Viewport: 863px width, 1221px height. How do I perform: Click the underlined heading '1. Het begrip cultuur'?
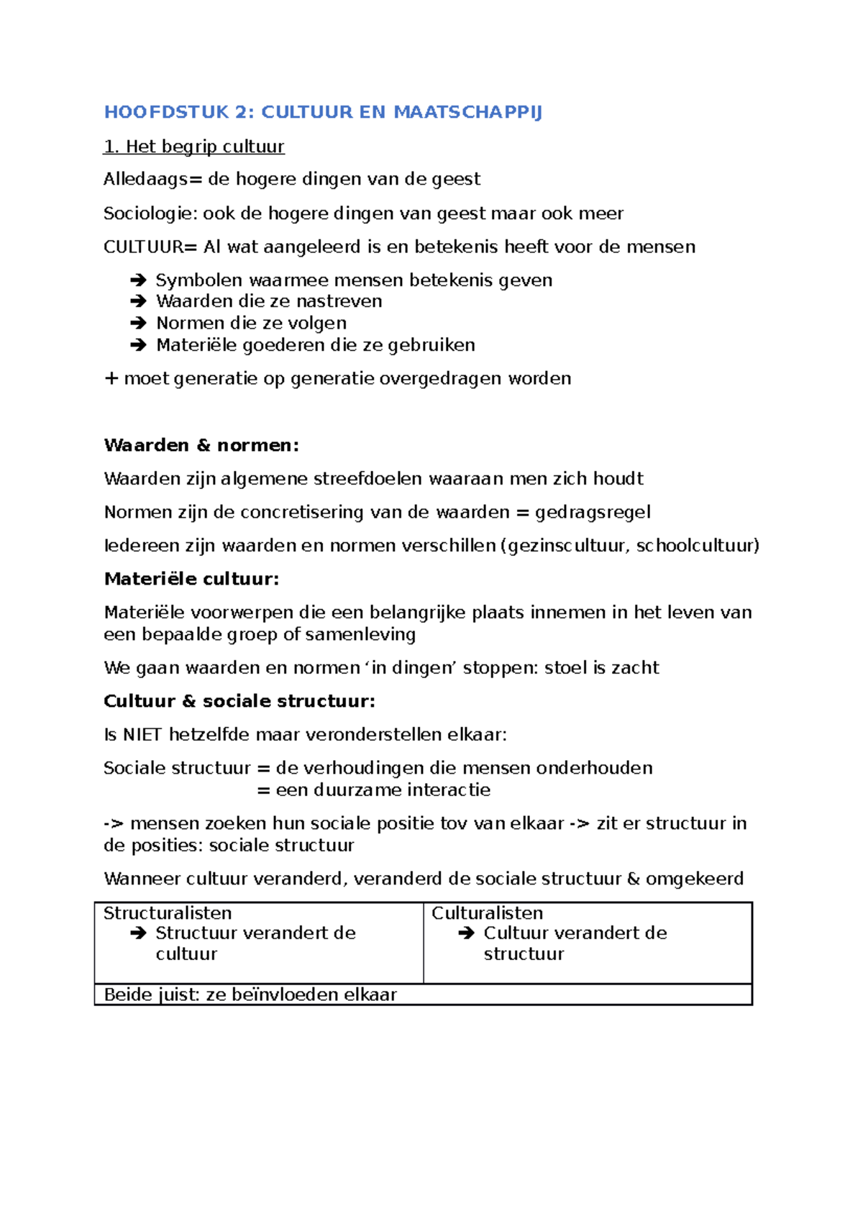point(194,147)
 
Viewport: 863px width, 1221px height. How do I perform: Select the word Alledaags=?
point(152,179)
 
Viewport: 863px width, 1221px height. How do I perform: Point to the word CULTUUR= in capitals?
point(150,247)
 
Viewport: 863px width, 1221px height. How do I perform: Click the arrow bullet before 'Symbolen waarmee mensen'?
point(138,280)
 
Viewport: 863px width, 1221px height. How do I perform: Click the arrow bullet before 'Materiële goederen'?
point(138,345)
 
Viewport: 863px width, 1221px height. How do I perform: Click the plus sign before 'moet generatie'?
point(111,379)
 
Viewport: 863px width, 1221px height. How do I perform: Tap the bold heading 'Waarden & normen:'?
point(201,446)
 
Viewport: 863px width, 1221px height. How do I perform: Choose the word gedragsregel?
point(593,513)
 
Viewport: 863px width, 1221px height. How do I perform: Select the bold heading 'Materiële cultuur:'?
point(191,580)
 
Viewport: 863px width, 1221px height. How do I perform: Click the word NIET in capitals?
point(142,735)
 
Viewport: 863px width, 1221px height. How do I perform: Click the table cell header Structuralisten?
point(168,913)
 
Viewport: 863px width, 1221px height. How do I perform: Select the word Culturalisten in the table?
point(487,913)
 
